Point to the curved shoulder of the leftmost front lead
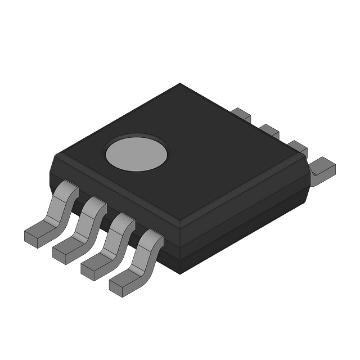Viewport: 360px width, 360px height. pos(67,191)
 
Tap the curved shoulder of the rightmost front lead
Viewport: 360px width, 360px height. pos(151,239)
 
